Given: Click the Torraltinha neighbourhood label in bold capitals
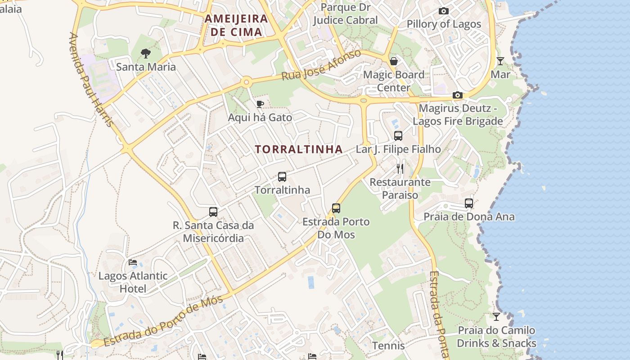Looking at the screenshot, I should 299,149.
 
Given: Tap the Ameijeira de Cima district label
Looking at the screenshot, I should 236,25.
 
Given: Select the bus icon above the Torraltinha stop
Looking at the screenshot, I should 282,177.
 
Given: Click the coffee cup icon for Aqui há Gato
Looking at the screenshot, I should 260,104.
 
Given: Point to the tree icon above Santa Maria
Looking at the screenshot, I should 145,54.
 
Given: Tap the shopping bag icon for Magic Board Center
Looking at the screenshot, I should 394,61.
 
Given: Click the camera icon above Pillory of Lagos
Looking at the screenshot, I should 444,11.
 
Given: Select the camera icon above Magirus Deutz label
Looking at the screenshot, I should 458,95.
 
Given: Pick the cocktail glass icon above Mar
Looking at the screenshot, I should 500,61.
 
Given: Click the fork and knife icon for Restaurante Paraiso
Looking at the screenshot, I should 400,169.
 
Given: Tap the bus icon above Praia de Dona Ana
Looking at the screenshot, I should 469,203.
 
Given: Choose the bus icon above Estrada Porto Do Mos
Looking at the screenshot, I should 336,208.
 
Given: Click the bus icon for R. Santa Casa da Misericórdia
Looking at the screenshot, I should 213,211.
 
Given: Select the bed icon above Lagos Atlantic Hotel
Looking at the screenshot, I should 132,262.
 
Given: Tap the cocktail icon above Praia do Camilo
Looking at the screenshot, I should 496,317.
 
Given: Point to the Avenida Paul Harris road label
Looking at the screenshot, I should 90,79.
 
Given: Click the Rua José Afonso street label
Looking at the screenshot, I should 321,65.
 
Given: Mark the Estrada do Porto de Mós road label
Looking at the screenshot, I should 163,322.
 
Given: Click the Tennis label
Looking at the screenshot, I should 388,346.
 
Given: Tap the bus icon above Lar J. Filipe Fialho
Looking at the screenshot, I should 398,135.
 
